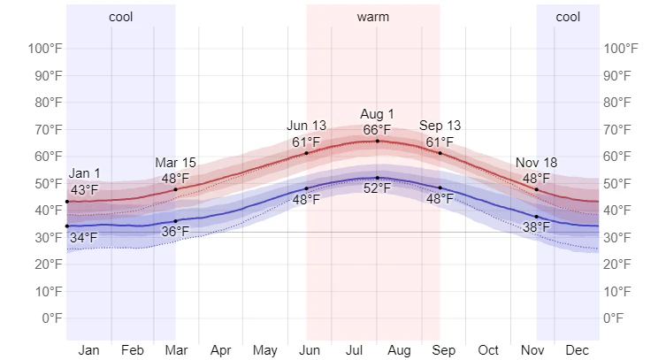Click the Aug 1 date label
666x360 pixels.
(x=377, y=115)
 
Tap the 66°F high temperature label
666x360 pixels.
(x=377, y=130)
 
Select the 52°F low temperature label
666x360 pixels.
(x=377, y=189)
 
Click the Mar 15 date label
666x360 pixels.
(x=175, y=163)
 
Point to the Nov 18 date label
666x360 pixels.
(x=537, y=163)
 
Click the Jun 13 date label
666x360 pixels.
(x=307, y=126)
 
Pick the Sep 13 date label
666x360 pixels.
(x=440, y=126)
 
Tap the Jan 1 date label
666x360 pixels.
(x=85, y=174)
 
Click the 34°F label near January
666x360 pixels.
(x=85, y=237)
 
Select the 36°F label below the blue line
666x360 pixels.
(x=175, y=232)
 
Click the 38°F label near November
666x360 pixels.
(x=536, y=227)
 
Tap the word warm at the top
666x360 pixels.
(x=373, y=17)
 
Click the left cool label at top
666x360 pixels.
(x=121, y=17)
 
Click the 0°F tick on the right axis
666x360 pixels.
(x=620, y=318)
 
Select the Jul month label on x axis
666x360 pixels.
(x=354, y=350)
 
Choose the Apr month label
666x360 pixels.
(x=221, y=350)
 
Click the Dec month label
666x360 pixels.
(x=577, y=350)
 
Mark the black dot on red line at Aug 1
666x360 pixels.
(x=378, y=142)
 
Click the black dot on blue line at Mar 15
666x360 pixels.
(x=175, y=221)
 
